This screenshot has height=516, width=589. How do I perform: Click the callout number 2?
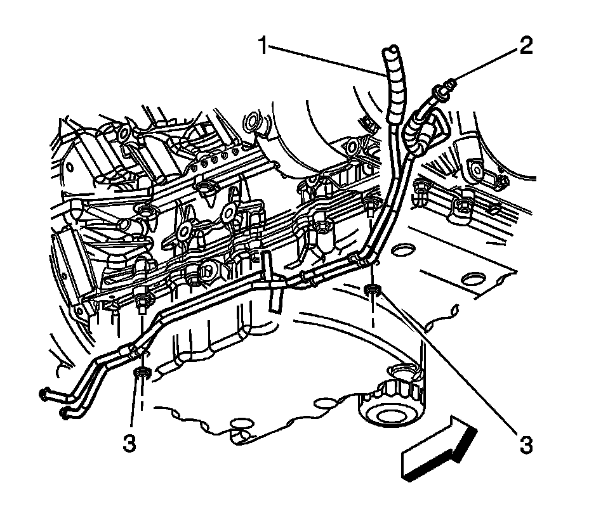coord(526,46)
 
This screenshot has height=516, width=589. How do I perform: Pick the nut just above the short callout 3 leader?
coord(143,372)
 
